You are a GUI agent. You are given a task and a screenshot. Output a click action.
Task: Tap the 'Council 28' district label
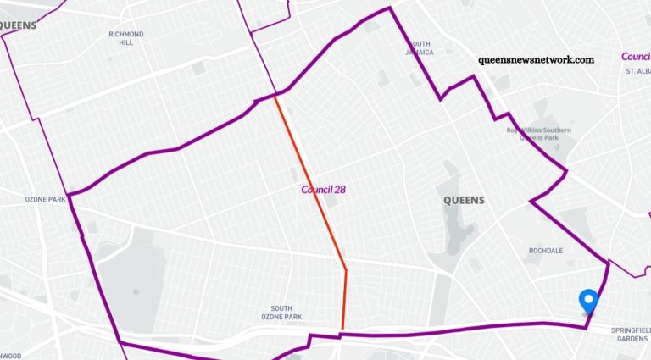pos(323,189)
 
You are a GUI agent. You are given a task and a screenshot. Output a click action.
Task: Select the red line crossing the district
pos(309,182)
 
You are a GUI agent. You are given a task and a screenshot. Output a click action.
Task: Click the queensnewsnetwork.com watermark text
pos(536,60)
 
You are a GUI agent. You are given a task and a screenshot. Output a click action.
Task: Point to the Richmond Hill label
pos(126,38)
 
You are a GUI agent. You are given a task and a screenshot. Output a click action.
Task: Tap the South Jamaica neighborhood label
pos(420,47)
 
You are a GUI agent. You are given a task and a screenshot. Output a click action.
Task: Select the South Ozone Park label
pos(287,313)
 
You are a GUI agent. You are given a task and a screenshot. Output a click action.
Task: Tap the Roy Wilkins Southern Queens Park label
pos(539,134)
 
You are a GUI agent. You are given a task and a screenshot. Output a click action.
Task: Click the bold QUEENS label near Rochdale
pos(464,201)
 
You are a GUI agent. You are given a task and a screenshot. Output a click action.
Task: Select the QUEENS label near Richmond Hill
pos(18,25)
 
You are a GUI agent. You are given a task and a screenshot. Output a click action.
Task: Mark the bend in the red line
pos(346,270)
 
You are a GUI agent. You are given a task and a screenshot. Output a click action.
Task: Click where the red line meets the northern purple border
pos(274,95)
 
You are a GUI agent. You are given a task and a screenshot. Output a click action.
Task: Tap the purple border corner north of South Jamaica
pos(390,8)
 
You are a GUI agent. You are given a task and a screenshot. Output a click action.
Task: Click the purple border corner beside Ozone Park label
pos(70,194)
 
